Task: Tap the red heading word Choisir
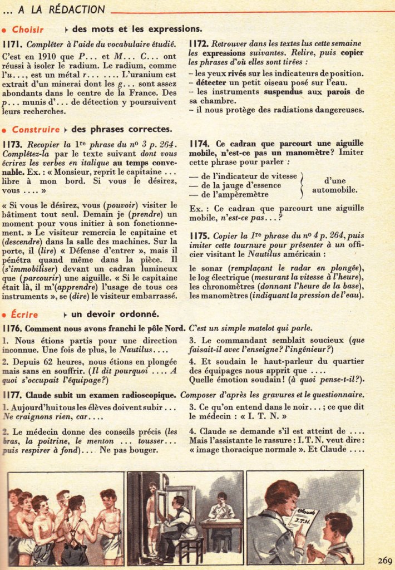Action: tap(28, 30)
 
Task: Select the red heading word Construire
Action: tap(36, 130)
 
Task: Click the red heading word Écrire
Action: tap(24, 315)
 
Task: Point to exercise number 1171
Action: tap(12, 43)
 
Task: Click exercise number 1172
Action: tap(199, 43)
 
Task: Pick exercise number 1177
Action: tap(12, 395)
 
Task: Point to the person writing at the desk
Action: tap(221, 507)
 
